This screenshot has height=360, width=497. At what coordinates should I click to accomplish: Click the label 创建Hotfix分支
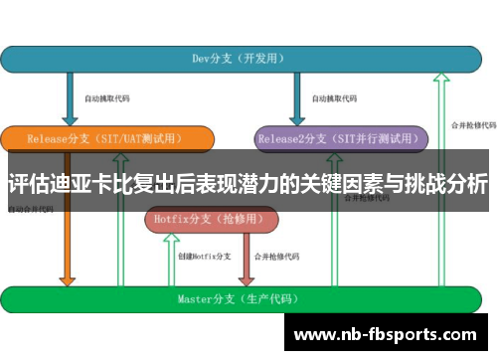point(205,257)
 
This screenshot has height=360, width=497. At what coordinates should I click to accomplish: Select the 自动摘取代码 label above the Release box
point(105,99)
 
